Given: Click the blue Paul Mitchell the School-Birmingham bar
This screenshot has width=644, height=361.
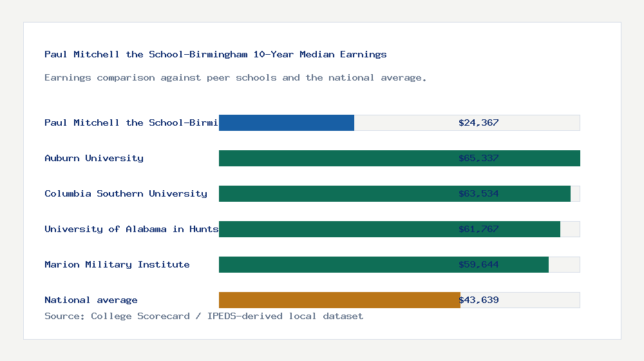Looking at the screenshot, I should tap(287, 122).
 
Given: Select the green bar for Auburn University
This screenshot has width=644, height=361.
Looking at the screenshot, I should tap(335, 158).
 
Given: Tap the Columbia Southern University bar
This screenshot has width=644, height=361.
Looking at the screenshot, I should tap(335, 193).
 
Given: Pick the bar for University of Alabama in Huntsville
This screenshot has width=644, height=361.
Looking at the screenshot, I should tap(335, 229).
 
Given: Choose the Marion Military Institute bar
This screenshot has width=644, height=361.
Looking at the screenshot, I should tap(335, 264).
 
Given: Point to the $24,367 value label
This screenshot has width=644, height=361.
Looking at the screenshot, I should tap(478, 122).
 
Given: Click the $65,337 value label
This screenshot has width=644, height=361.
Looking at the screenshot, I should tap(478, 158).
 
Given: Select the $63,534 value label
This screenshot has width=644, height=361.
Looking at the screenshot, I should tap(478, 193).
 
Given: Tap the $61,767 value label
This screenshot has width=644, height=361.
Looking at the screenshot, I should tap(478, 229).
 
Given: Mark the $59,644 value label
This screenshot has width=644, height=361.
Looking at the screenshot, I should tap(478, 264).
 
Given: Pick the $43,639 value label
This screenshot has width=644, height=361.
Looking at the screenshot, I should tap(478, 300).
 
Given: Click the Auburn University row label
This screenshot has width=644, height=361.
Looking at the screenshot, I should tap(94, 158).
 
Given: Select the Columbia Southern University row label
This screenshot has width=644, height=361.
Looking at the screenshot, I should tap(126, 193).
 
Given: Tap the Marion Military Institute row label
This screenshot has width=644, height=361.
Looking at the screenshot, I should tap(117, 264).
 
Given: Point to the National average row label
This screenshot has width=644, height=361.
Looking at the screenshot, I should tap(91, 300).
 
